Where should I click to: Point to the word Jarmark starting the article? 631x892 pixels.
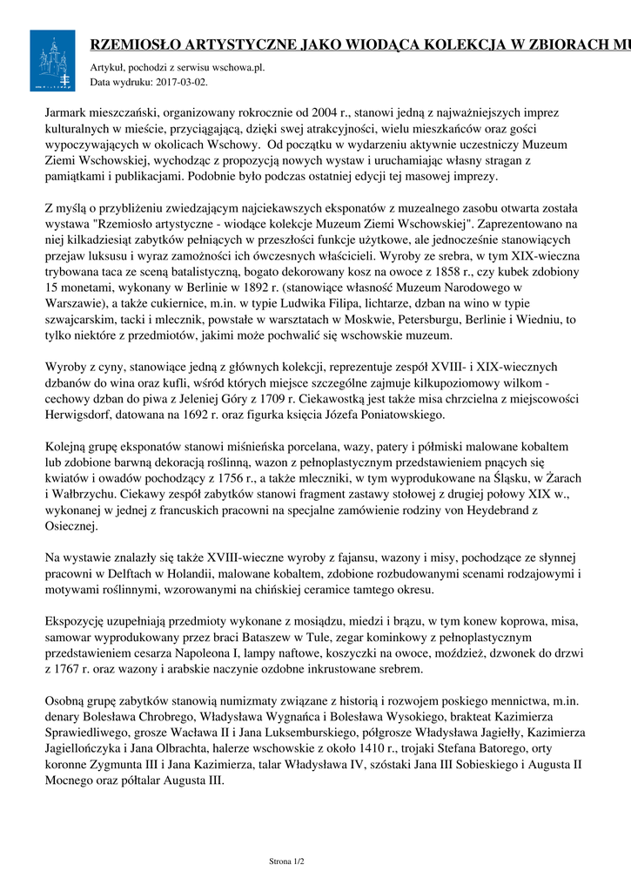coord(68,113)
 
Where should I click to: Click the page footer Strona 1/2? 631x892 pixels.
coord(287,862)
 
